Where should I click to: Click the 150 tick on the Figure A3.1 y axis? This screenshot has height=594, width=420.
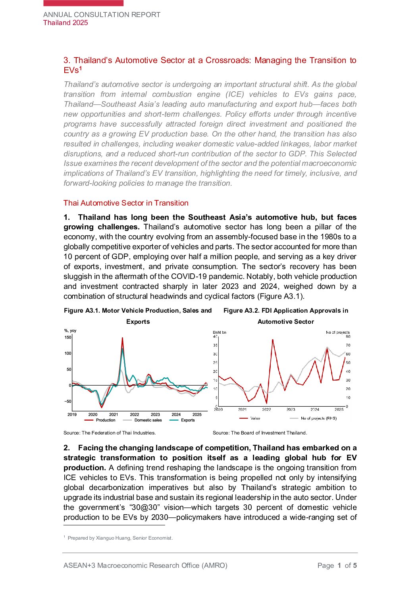[x=68, y=337]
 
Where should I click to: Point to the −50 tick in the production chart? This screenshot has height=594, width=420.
[x=68, y=401]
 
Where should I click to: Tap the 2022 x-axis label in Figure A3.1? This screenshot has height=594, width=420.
[x=135, y=414]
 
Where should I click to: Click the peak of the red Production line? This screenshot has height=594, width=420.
[x=122, y=338]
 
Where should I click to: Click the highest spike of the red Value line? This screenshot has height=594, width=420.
[x=273, y=340]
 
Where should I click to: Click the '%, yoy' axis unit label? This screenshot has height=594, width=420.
[x=70, y=331]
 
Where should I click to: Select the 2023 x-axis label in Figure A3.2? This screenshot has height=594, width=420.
[x=291, y=409]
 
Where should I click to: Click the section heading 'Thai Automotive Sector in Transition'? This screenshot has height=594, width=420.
[x=126, y=203]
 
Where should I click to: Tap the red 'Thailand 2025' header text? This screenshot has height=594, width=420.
[x=66, y=23]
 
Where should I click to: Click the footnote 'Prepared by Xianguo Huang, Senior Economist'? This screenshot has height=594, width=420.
[x=120, y=538]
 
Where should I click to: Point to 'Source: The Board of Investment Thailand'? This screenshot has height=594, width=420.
[x=260, y=433]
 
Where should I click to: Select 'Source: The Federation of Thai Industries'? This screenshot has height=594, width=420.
[x=110, y=433]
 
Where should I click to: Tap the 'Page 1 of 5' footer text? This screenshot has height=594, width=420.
[x=337, y=565]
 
